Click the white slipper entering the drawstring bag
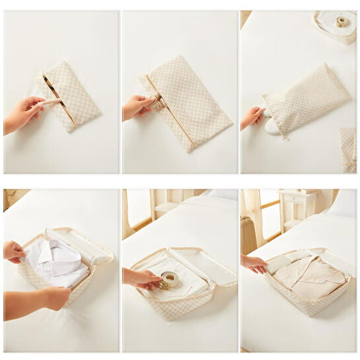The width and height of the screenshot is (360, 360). point(271,127)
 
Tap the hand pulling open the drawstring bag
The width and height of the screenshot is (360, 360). point(252,118)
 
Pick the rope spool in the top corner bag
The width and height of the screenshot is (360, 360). point(341,22)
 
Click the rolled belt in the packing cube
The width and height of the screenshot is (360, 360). point(169,280)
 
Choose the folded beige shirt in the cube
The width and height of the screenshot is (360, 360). point(310,276)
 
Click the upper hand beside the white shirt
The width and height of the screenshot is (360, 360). point(15,251)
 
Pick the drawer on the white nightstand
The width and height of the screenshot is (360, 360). point(297,198)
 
